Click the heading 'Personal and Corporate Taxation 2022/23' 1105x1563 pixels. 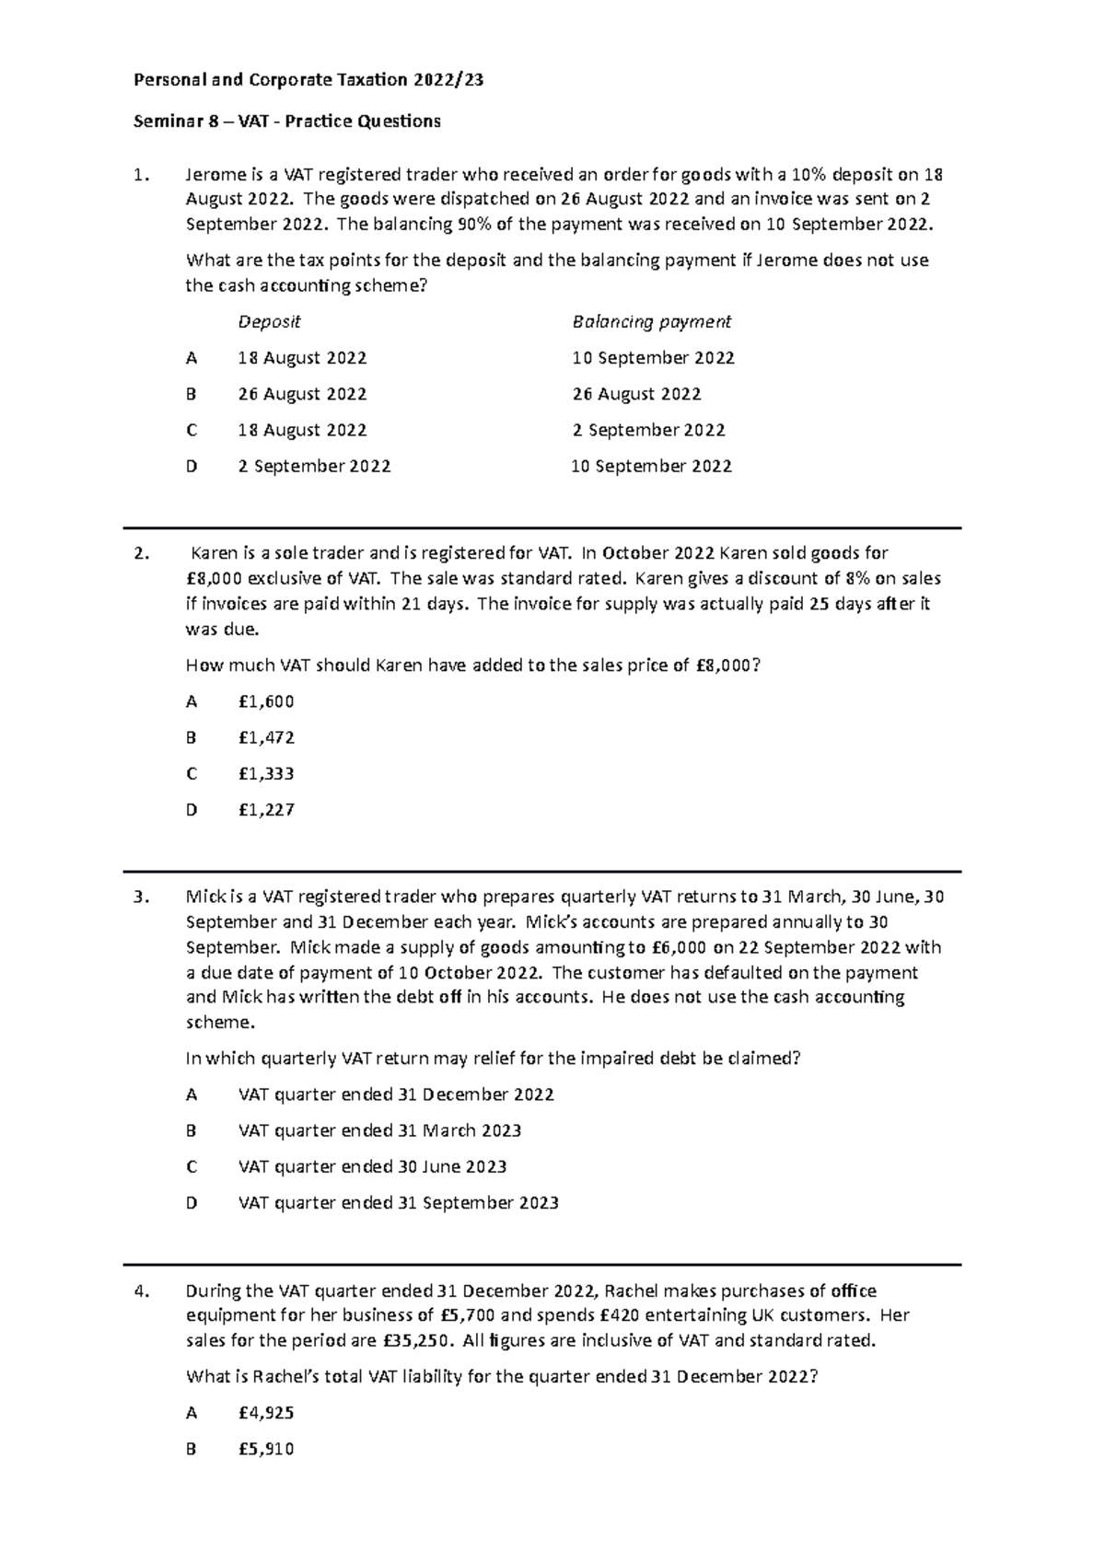[308, 80]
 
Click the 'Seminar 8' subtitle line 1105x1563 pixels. [287, 122]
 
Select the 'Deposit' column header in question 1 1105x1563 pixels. [269, 322]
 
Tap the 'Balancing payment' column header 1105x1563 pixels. [651, 322]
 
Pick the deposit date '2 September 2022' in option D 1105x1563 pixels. [314, 467]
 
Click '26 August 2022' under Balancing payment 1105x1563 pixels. [636, 394]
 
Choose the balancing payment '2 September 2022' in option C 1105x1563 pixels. [648, 430]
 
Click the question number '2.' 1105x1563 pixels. [141, 553]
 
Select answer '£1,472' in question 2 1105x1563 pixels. [266, 737]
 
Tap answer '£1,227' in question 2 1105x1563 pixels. [266, 810]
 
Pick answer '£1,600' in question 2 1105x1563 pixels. [266, 701]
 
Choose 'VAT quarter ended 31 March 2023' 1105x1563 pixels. [379, 1130]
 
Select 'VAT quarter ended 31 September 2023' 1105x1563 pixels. [398, 1203]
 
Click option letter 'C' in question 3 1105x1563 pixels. [192, 1167]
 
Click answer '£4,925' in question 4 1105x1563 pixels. [266, 1413]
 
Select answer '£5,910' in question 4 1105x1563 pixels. [266, 1449]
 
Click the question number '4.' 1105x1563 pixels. [141, 1291]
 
